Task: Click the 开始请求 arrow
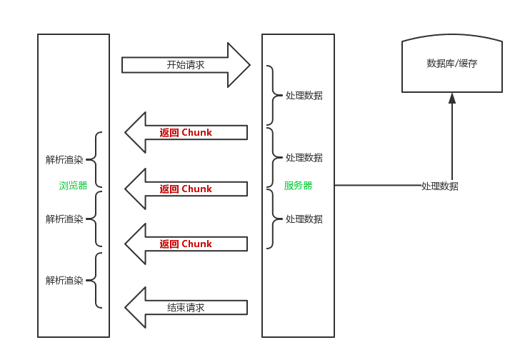(x=186, y=65)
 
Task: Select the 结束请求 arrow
(x=186, y=308)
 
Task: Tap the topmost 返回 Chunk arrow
(x=186, y=133)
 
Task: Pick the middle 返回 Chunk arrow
(x=186, y=189)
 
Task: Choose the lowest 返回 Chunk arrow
(x=186, y=244)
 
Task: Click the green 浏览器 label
(x=73, y=186)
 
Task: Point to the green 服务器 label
(x=298, y=186)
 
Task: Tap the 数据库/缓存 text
(x=451, y=64)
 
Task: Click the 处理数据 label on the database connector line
(x=439, y=186)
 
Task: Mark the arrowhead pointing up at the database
(x=451, y=98)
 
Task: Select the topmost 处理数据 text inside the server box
(x=304, y=96)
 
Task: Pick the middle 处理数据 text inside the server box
(x=304, y=158)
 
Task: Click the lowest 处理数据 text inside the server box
(x=304, y=219)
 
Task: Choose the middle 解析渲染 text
(x=64, y=219)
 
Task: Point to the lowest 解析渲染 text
(x=64, y=281)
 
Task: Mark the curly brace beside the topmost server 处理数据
(x=272, y=95)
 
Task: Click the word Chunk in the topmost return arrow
(x=196, y=133)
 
